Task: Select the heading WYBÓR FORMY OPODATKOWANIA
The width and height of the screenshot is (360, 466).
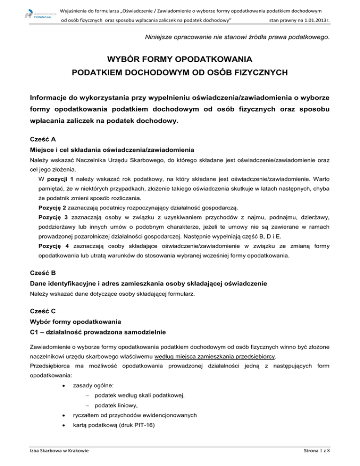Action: coord(180,60)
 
